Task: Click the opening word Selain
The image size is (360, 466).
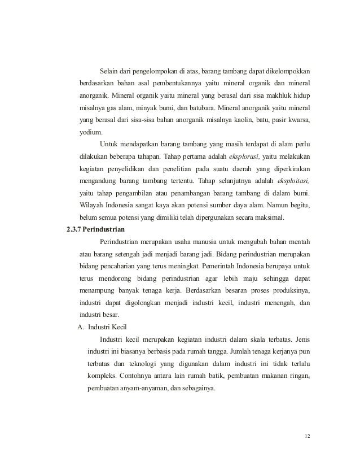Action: pyautogui.click(x=109, y=71)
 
